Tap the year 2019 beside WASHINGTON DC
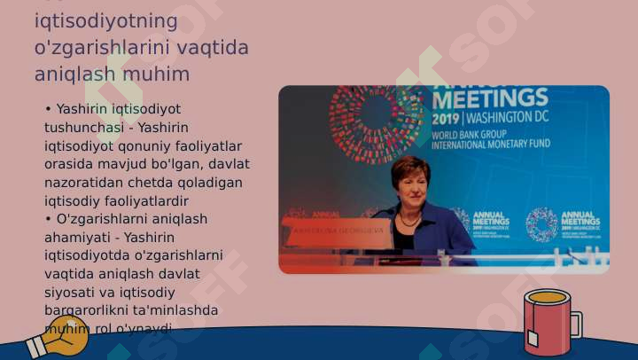(447, 117)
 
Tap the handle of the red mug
(575, 324)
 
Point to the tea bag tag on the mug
(533, 339)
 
